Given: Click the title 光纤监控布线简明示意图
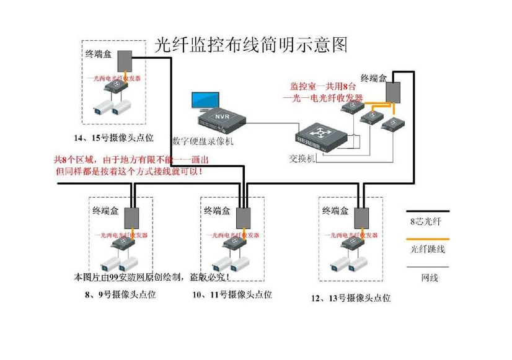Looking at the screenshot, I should (250, 45).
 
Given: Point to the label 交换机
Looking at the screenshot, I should (302, 158).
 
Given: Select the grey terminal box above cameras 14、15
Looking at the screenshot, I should (126, 61).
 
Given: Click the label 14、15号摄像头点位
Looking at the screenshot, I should (113, 138).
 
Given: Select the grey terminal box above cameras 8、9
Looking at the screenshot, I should (132, 217).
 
